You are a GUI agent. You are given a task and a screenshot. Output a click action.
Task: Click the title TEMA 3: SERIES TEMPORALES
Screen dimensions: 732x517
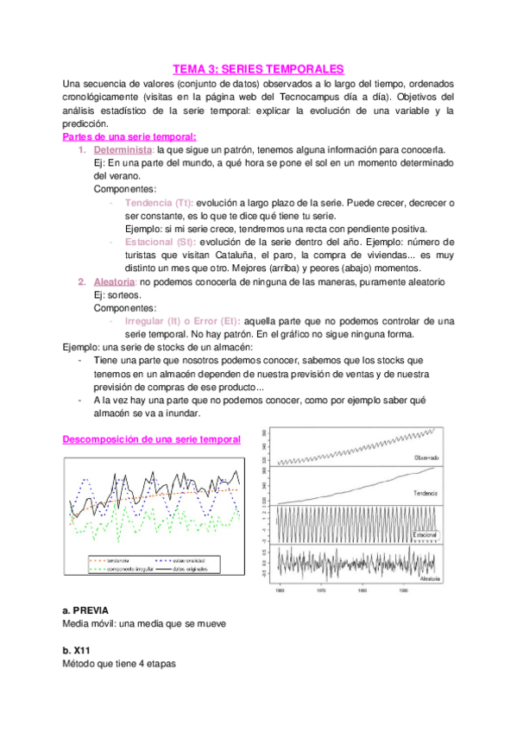(x=258, y=68)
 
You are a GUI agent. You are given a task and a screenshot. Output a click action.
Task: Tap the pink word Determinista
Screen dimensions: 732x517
(x=117, y=149)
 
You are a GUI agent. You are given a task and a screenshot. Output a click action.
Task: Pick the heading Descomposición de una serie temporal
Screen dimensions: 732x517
(x=152, y=439)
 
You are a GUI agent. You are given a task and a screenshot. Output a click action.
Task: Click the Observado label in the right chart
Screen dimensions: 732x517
(x=426, y=457)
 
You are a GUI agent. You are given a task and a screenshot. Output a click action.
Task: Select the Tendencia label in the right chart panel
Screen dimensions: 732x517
(x=426, y=492)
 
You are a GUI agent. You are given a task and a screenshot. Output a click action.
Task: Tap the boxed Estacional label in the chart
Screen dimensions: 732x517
(x=426, y=534)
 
